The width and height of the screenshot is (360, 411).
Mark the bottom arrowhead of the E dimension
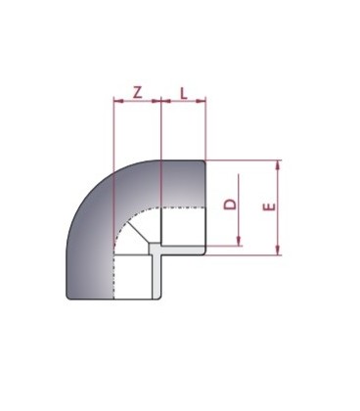click(x=279, y=251)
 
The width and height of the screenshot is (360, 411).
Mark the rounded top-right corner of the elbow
click(x=202, y=163)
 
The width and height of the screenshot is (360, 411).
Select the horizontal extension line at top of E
click(x=245, y=160)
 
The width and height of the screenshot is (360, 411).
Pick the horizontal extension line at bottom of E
click(x=245, y=255)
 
